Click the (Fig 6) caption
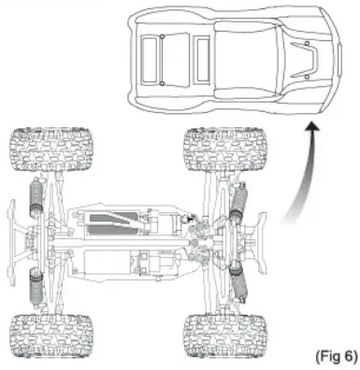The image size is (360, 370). [x=335, y=356]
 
